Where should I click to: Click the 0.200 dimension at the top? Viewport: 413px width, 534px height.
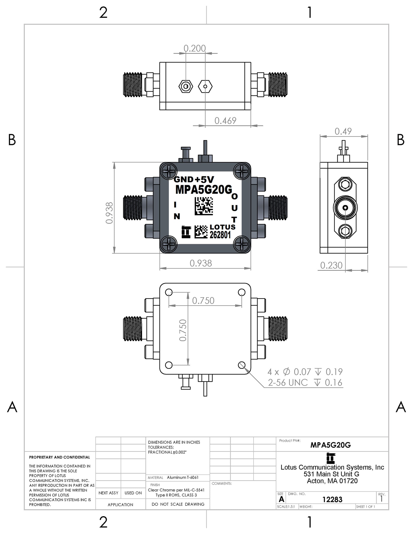tap(195, 48)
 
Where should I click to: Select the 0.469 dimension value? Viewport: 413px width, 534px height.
tap(225, 120)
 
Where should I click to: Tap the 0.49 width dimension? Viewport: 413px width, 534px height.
tap(343, 131)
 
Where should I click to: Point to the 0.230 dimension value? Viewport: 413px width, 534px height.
tap(331, 265)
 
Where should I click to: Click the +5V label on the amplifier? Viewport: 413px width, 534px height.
tap(204, 179)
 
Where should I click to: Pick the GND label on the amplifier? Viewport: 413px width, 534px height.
tap(184, 179)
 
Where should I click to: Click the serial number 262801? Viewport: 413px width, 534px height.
tap(220, 235)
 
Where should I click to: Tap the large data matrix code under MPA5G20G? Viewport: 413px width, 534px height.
tap(204, 206)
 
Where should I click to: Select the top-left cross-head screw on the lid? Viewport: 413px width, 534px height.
tap(169, 171)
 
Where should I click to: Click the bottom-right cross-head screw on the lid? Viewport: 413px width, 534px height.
tap(242, 244)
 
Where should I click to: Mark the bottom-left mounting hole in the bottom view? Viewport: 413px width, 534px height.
tap(169, 365)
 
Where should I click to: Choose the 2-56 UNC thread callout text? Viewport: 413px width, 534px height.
tap(288, 382)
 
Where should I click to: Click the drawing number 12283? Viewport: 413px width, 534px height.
tap(332, 499)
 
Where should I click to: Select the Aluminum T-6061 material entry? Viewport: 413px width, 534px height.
tap(183, 477)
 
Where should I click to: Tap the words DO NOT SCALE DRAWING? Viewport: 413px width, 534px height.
tap(178, 504)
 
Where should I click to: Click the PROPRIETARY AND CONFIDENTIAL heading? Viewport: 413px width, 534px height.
tap(60, 457)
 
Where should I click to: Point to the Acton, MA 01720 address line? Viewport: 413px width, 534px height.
tap(332, 481)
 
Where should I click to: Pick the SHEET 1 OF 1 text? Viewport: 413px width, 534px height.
tap(366, 507)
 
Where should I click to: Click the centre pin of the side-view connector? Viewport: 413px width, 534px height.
tap(345, 208)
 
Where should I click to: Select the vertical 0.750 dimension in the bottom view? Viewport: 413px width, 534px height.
tap(183, 330)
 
